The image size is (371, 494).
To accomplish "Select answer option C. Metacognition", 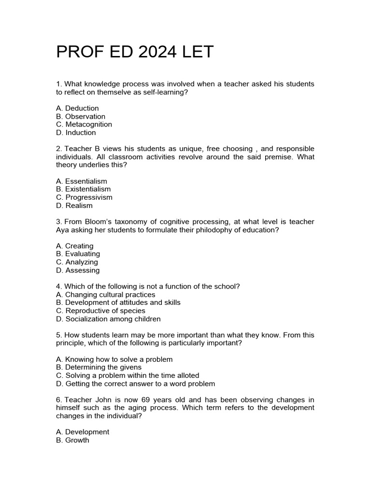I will coord(84,124).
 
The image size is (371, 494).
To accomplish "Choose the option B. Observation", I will coord(81,116).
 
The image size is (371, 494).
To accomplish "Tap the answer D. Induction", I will coord(76,133).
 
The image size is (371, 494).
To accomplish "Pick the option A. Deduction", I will coord(77,108).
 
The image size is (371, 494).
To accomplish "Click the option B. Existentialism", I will coord(84,189).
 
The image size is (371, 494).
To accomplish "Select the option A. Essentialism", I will coord(82,181).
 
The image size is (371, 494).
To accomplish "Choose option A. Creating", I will coord(75,246).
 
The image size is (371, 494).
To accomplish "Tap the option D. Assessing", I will coord(78,270).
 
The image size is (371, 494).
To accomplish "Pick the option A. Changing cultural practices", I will coord(106,295).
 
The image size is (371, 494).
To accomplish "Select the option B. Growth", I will coord(73,440).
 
